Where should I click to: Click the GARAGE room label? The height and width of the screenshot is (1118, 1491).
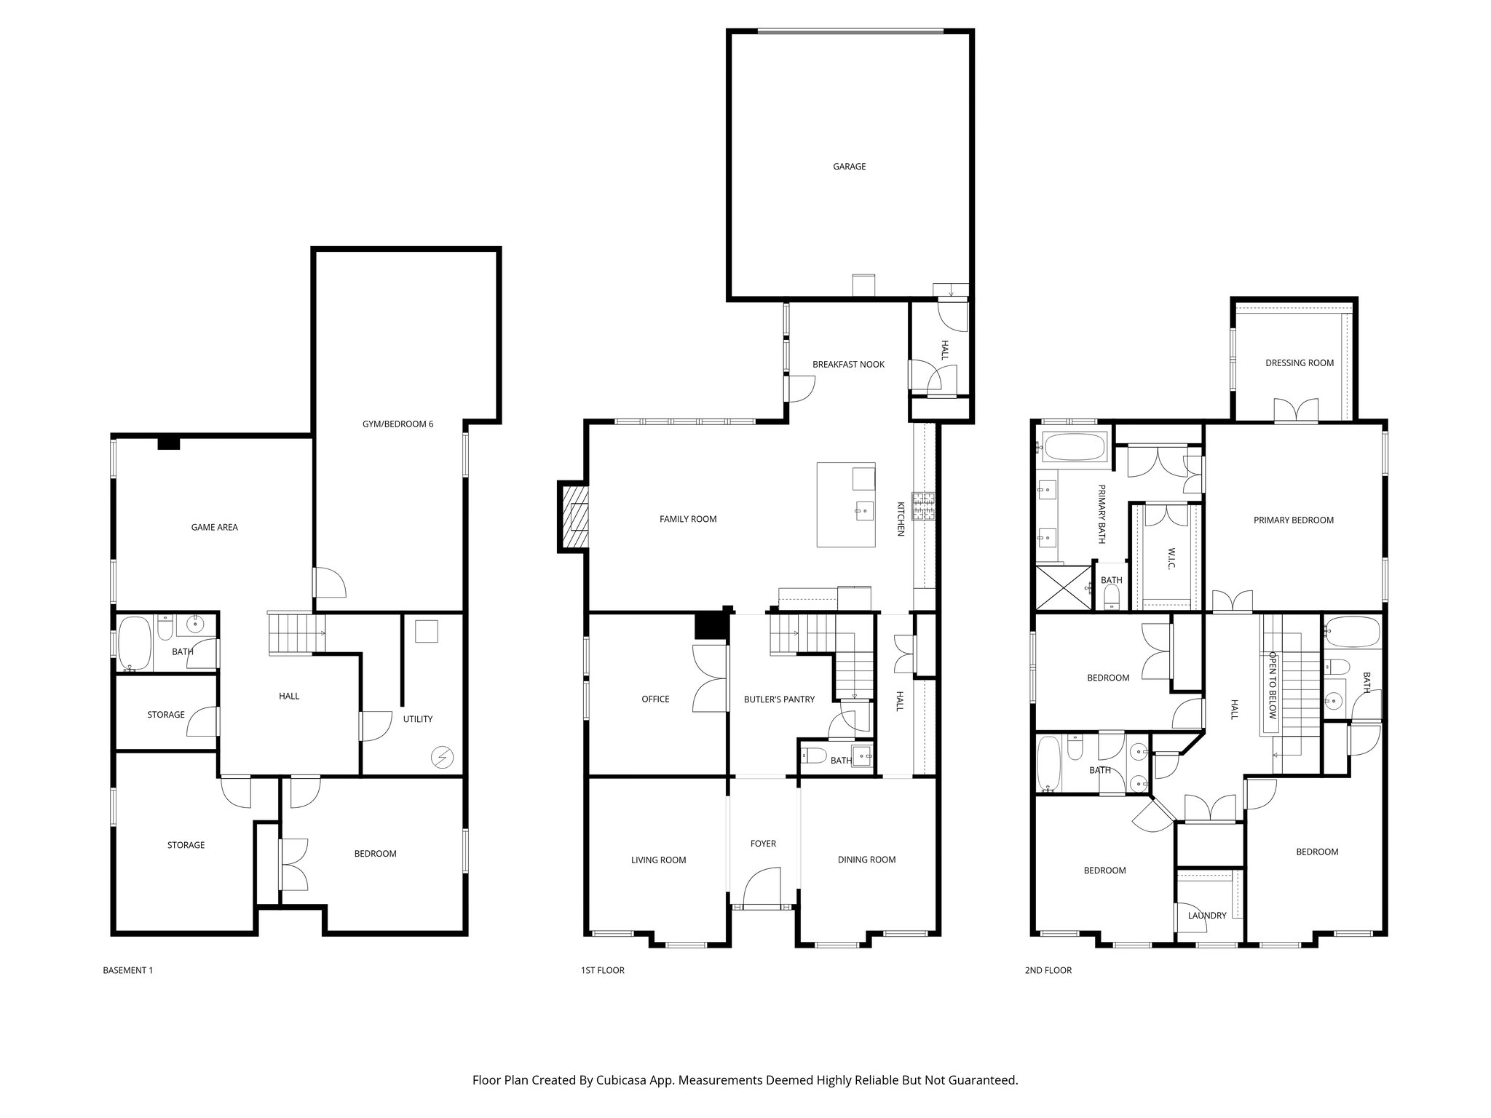click(x=849, y=167)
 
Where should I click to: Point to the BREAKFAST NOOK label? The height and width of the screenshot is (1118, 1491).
click(x=848, y=364)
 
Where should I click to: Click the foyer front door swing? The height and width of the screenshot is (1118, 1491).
click(x=762, y=886)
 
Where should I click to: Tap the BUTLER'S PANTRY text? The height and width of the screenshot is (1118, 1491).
click(x=779, y=699)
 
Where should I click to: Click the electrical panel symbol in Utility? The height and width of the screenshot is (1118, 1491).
click(x=440, y=758)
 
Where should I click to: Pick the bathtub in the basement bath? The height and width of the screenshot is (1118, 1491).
click(x=134, y=644)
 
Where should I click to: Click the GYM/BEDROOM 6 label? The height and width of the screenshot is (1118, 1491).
click(x=398, y=424)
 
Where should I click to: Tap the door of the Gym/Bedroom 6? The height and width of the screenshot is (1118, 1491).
click(x=329, y=582)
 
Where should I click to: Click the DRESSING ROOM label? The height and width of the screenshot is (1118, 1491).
click(x=1300, y=363)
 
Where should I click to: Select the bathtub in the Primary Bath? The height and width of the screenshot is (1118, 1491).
click(x=1075, y=446)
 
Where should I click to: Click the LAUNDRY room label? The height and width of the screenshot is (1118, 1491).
click(x=1207, y=916)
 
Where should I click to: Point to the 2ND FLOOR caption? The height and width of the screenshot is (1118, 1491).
click(x=1048, y=970)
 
